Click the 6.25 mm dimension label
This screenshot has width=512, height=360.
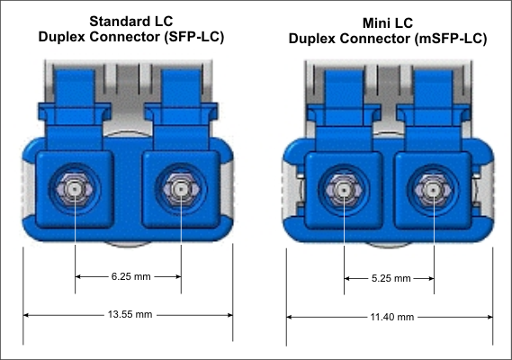129,277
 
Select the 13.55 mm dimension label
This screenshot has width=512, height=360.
129,315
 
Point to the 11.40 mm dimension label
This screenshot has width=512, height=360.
391,317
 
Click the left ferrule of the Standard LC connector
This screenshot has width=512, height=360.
76,190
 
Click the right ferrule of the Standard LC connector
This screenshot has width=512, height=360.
182,190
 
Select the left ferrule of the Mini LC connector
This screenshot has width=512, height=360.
344,190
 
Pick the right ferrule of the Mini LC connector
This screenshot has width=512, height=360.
433,190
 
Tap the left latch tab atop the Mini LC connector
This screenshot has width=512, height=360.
344,99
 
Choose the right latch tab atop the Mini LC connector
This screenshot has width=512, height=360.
433,99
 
